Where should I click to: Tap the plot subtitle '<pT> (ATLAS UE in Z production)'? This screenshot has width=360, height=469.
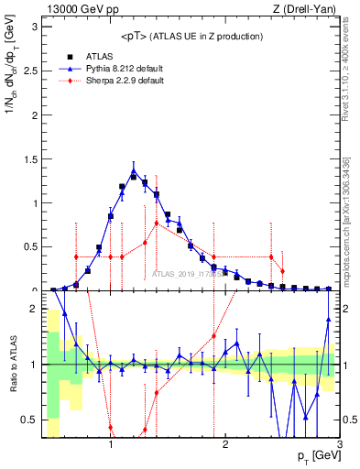[x=191, y=36]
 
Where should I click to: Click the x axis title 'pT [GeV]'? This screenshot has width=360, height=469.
[x=314, y=456]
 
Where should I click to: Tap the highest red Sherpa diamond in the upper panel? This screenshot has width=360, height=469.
[x=157, y=223]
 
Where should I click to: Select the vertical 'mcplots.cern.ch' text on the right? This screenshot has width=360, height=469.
[x=350, y=221]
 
